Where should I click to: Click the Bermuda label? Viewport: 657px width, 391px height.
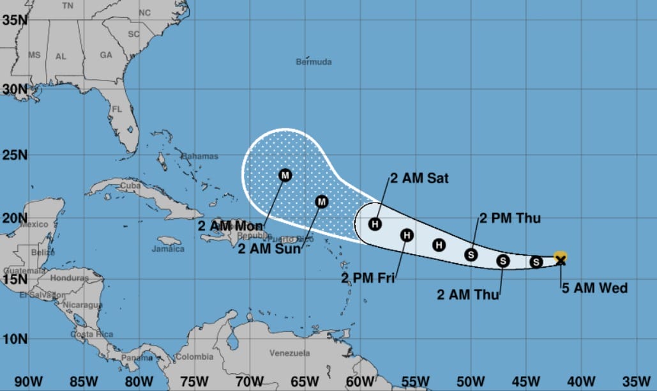click(314, 62)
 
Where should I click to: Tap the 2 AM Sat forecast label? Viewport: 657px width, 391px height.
click(419, 179)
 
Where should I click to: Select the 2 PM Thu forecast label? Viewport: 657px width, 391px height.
click(510, 218)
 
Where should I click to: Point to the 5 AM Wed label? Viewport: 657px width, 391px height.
click(594, 288)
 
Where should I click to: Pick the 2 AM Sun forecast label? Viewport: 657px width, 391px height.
click(269, 249)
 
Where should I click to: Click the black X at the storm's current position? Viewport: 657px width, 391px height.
click(561, 259)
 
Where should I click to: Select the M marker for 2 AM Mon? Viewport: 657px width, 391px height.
click(285, 174)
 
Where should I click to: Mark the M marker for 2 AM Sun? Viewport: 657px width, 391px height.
click(322, 202)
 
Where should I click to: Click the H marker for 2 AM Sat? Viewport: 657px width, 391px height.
click(375, 224)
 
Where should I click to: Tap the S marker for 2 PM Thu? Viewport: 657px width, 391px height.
click(471, 254)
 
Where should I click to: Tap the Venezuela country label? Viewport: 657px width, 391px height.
click(289, 353)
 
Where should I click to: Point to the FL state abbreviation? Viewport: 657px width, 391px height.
click(117, 109)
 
